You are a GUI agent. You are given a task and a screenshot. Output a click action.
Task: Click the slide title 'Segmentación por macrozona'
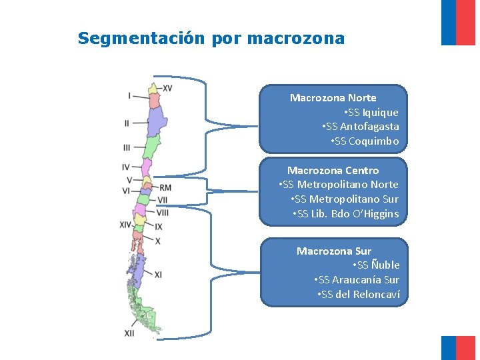pos(211,38)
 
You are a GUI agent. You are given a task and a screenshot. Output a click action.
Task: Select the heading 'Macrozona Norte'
pos(333,98)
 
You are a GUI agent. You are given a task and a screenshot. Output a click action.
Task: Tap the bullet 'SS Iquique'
pos(372,113)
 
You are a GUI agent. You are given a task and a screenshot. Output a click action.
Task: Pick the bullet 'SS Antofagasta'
pos(361,127)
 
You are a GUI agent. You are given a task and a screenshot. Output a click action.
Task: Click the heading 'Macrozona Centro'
pos(333,171)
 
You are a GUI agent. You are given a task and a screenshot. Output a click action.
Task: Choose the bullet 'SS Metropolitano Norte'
pos(339,185)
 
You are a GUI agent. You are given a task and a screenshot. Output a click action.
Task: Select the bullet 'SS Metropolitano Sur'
pos(345,199)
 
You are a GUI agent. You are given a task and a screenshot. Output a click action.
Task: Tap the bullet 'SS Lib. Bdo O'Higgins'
pos(345,214)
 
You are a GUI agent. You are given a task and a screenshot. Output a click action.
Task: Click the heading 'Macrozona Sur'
pos(333,251)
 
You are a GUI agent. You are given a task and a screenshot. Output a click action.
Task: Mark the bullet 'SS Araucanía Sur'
pos(357,280)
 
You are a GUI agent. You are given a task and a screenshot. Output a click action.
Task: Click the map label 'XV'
pos(167,88)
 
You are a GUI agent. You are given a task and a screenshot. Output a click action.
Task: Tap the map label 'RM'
pos(165,188)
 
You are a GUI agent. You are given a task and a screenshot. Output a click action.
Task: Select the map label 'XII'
pos(129,333)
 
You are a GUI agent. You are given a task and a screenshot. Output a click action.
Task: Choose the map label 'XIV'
pos(125,225)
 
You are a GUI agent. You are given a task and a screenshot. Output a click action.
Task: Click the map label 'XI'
pos(158,275)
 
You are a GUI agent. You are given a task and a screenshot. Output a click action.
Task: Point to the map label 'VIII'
pos(163,212)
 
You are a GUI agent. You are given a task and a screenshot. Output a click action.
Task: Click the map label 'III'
pos(127,147)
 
